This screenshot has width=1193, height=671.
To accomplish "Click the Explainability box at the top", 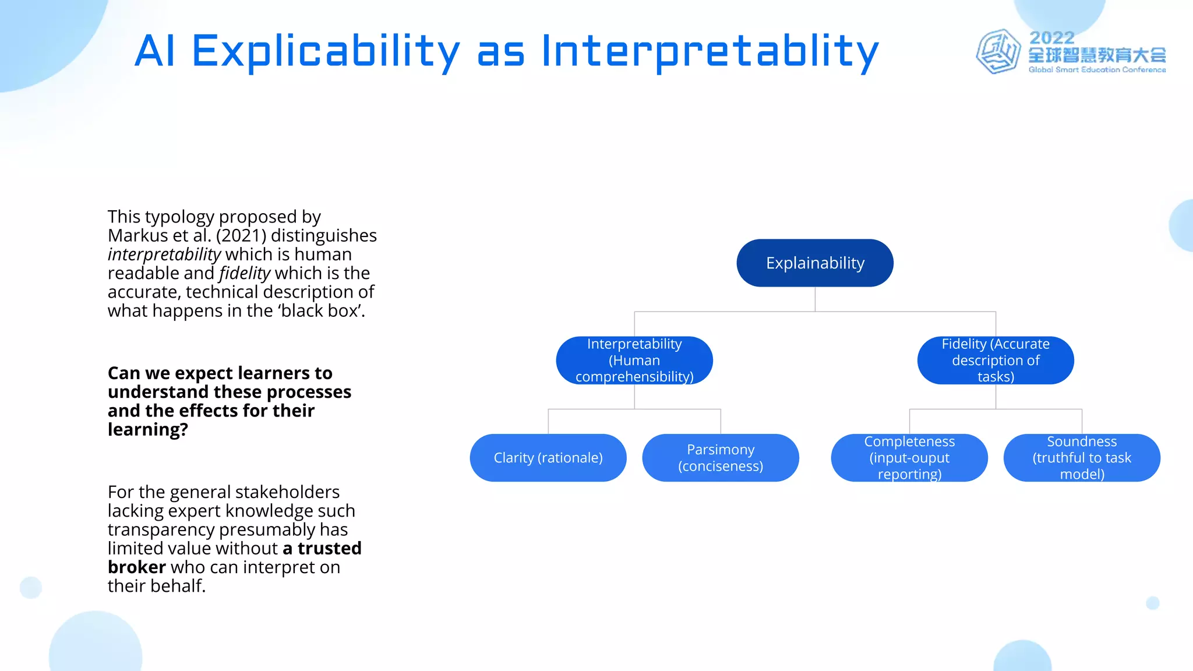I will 814,263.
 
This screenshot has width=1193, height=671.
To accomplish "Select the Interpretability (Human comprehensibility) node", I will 634,360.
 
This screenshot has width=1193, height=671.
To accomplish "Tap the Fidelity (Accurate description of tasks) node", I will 996,360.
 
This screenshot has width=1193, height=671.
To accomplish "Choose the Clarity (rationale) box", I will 548,458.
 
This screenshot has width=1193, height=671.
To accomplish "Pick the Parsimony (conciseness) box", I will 721,458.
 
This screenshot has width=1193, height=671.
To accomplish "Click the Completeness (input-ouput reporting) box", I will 909,458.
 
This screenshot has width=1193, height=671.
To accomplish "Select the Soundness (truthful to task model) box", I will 1082,458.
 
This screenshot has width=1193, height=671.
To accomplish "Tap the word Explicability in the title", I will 326,51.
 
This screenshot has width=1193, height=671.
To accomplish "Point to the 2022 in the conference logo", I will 1051,38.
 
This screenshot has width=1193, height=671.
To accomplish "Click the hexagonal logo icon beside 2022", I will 998,52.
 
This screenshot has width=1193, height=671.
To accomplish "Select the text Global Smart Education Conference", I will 1097,70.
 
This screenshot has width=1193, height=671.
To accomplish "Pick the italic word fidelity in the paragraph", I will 245,273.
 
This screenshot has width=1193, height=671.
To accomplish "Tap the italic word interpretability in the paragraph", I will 164,255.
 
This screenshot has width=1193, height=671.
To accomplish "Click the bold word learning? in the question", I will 148,430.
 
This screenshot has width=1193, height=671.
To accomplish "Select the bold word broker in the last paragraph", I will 137,567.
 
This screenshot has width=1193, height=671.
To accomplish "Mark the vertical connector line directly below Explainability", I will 815,299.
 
